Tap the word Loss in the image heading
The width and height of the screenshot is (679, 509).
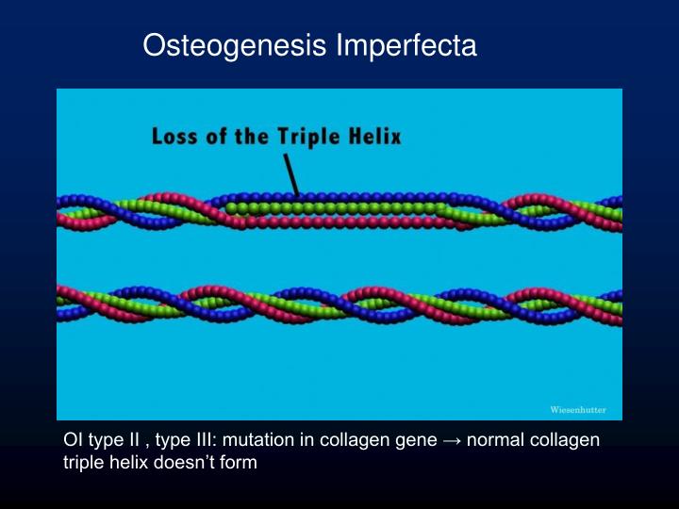click(x=175, y=137)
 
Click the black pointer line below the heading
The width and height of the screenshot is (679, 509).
click(x=291, y=174)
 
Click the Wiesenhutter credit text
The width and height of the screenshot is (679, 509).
click(x=578, y=410)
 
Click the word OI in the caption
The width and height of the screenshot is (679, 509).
click(x=72, y=441)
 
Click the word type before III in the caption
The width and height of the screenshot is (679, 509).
click(x=174, y=441)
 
